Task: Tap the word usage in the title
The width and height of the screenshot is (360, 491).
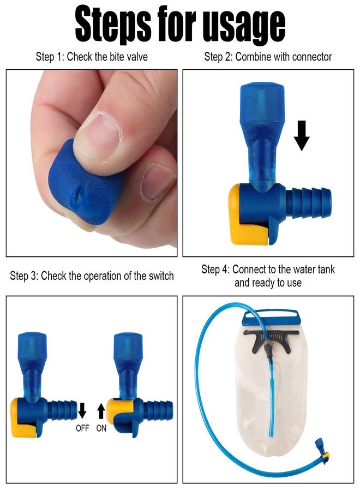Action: [243, 25]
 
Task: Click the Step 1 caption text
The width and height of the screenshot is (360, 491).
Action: [92, 57]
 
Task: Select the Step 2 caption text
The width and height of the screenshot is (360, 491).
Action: [268, 57]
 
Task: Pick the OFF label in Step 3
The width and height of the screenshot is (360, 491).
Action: [82, 429]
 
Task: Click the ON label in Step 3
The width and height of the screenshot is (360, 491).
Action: [101, 429]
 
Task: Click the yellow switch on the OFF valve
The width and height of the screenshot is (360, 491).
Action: [23, 418]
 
